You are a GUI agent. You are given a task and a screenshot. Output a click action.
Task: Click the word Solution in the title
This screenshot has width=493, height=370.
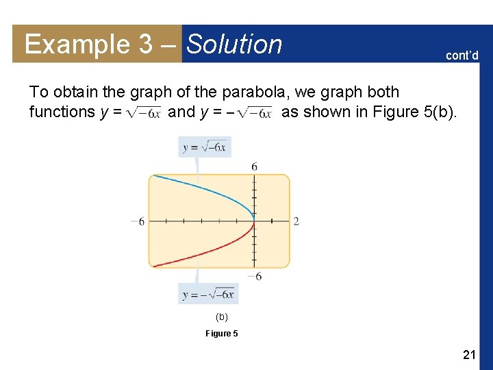click(x=234, y=45)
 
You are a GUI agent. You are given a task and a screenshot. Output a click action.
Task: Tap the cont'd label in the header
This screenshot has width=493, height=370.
click(x=462, y=56)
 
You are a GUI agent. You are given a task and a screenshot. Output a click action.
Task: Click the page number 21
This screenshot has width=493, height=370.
click(x=469, y=354)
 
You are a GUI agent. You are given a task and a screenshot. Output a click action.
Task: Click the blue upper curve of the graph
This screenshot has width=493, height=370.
click(x=199, y=188)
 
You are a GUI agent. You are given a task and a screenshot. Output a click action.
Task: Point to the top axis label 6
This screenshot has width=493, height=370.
click(x=254, y=166)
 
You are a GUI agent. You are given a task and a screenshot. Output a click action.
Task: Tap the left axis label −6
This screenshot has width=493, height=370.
click(x=138, y=221)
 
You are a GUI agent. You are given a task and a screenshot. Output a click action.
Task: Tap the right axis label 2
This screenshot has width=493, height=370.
click(x=296, y=221)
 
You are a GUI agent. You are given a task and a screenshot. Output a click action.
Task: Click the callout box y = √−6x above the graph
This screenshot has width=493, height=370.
click(x=204, y=147)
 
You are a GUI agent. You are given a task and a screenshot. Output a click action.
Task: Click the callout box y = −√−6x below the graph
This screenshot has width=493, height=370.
click(x=208, y=295)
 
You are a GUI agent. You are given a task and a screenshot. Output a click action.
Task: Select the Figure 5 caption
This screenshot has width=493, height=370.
click(x=222, y=334)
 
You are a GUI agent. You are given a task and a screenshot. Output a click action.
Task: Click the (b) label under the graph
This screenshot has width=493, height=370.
click(x=221, y=317)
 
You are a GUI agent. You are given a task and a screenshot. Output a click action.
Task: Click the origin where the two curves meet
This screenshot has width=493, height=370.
click(x=254, y=221)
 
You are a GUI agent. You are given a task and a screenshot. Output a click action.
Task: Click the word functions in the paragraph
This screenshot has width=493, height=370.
click(x=62, y=112)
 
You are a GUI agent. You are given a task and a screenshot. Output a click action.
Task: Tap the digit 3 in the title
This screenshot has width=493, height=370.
click(x=145, y=45)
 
